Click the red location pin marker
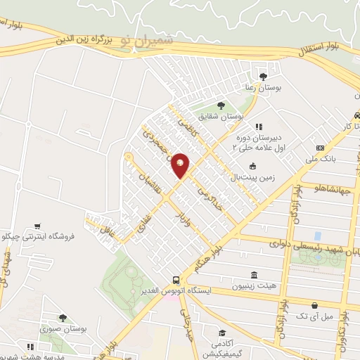click(x=180, y=165)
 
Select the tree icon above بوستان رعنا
click(x=264, y=76)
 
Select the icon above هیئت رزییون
click(x=254, y=275)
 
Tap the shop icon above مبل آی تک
click(x=314, y=306)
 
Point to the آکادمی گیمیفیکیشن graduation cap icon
click(x=222, y=333)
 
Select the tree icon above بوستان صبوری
click(x=63, y=318)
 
